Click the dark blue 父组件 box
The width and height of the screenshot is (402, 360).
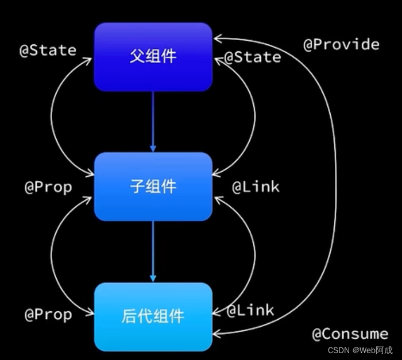153,56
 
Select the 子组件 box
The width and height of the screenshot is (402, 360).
153,187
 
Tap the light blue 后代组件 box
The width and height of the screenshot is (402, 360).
153,316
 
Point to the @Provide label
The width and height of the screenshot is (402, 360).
341,45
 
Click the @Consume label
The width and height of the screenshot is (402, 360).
350,334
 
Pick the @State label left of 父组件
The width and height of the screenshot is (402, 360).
48,51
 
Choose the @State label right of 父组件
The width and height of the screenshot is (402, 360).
253,57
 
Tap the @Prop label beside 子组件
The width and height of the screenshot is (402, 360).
48,187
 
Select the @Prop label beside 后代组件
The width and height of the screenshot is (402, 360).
48,315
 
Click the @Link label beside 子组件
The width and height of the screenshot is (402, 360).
256,187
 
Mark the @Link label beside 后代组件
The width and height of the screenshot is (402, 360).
250,311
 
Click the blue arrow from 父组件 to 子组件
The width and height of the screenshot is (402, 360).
153,121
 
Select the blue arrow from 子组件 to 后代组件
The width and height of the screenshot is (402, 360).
153,251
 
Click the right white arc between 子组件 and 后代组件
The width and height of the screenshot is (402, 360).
255,253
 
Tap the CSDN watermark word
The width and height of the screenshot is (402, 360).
339,350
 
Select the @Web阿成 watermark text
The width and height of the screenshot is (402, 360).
373,350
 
